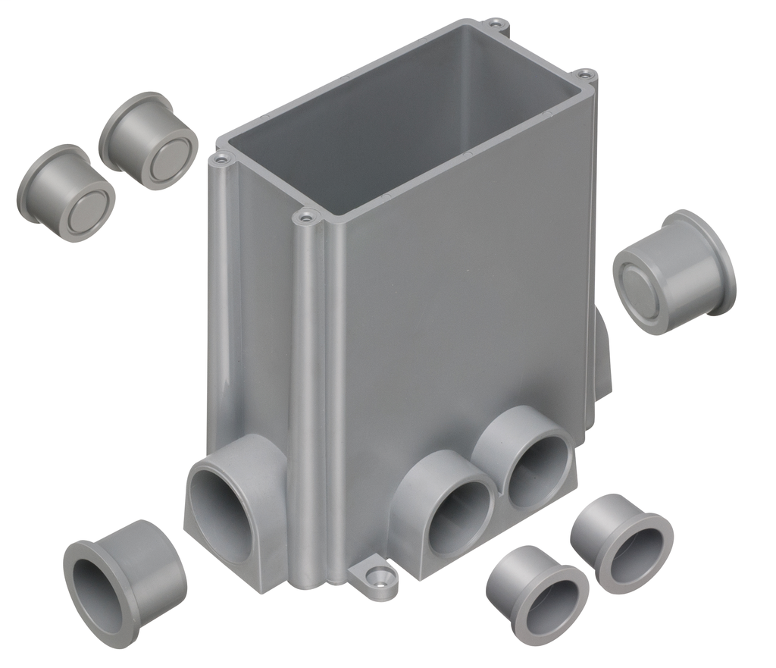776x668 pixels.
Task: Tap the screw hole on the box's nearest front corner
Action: [305, 218]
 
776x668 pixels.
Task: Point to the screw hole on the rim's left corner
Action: [221, 159]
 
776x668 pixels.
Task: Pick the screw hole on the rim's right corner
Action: [584, 75]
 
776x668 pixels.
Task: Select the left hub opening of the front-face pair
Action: [459, 516]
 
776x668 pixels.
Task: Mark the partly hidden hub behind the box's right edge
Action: [602, 356]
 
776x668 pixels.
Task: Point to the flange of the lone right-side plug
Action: [705, 258]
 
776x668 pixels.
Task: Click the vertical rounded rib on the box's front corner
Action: [307, 394]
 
